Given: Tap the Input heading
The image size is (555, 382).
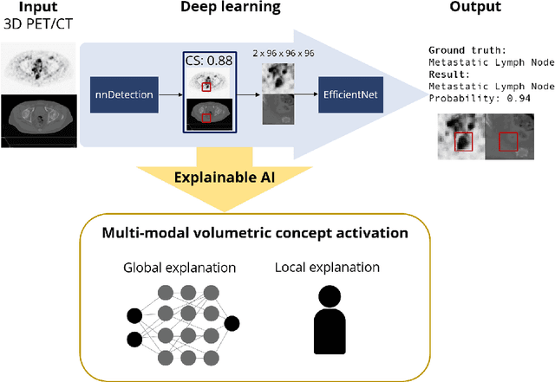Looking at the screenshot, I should (x=35, y=7).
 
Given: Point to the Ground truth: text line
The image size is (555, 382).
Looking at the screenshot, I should (x=467, y=51).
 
